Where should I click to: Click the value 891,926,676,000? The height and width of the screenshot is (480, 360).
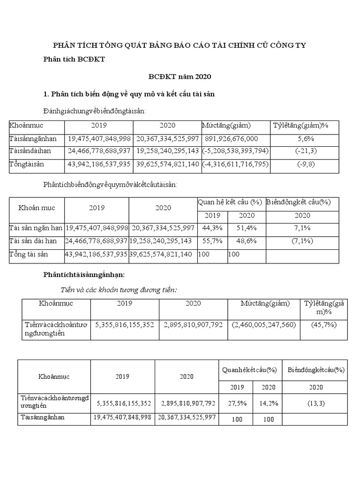(x=232, y=139)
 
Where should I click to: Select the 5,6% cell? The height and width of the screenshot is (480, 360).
(x=306, y=139)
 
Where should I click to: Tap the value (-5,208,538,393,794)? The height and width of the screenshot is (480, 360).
(x=235, y=151)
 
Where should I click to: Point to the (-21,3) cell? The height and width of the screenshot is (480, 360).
(x=306, y=151)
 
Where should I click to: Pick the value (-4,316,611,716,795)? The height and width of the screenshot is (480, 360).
(x=235, y=164)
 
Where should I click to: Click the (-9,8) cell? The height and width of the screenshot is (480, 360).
(x=306, y=164)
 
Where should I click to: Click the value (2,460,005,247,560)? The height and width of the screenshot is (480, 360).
(x=264, y=324)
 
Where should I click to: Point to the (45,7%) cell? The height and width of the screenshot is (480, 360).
(x=323, y=324)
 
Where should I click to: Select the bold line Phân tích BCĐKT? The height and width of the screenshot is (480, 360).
(x=75, y=59)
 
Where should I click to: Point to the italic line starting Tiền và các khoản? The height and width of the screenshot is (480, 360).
(x=120, y=289)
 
